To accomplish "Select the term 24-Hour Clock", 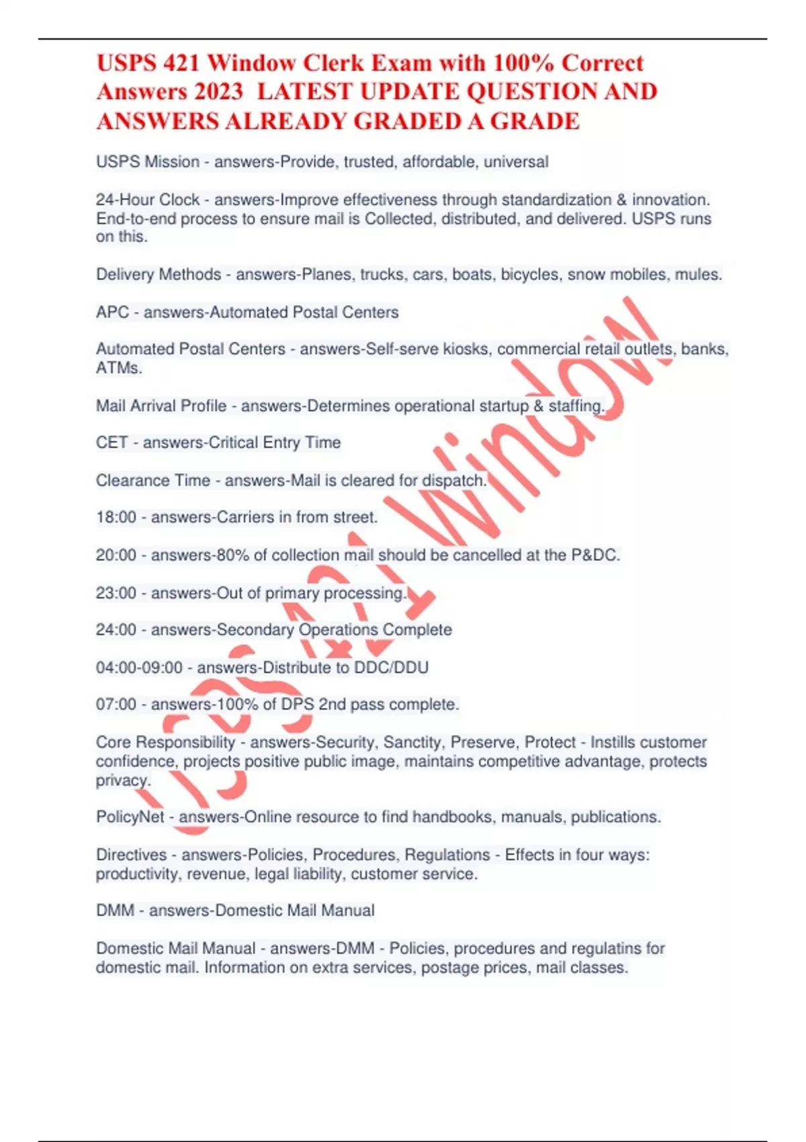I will pyautogui.click(x=148, y=200).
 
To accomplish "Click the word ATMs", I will pyautogui.click(x=118, y=368).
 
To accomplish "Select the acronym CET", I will pyautogui.click(x=111, y=443).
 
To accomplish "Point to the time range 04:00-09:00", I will pyautogui.click(x=139, y=668).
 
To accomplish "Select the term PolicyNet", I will pyautogui.click(x=130, y=817).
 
